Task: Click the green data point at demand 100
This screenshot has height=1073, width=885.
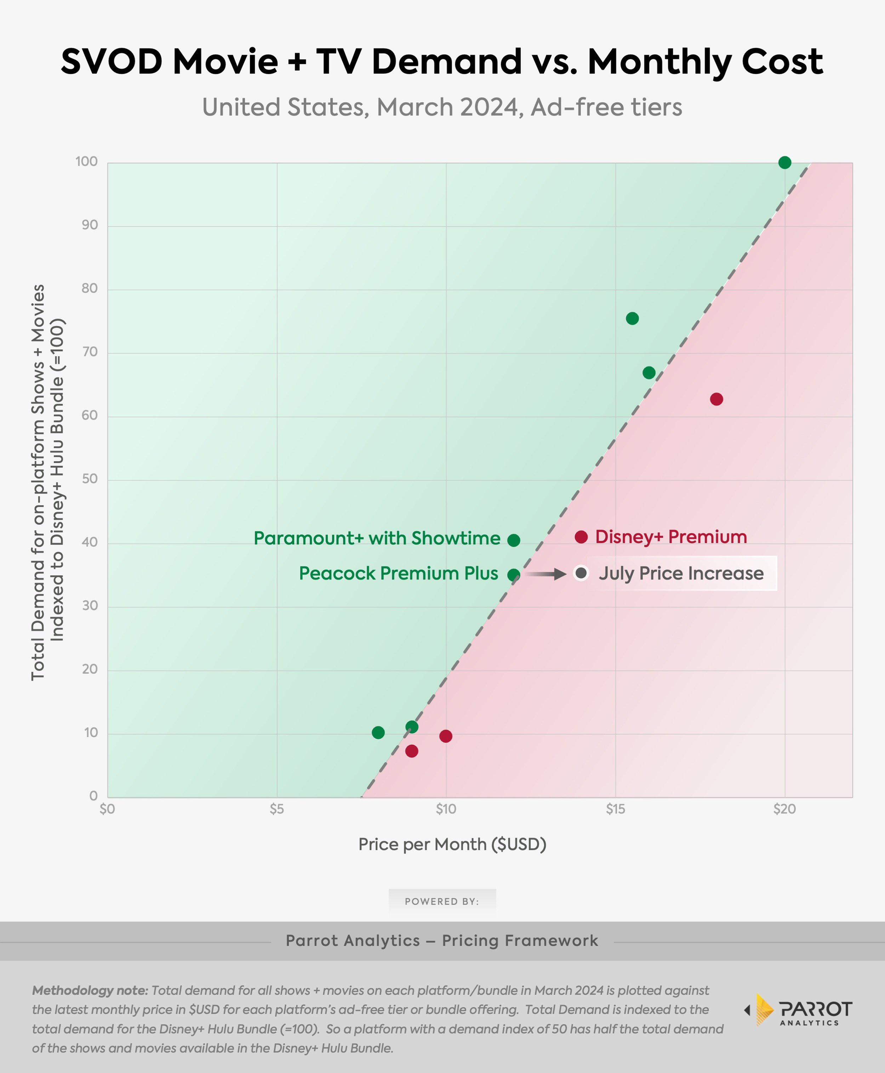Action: tap(784, 162)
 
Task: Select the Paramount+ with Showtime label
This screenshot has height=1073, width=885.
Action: tap(377, 538)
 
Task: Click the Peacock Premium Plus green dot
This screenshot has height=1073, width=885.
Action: tap(513, 575)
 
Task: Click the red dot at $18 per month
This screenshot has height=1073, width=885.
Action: tap(716, 399)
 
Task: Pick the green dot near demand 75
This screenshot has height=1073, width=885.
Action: tap(632, 319)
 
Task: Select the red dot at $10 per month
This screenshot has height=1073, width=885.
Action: tap(446, 736)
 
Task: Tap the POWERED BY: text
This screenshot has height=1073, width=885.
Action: tap(442, 901)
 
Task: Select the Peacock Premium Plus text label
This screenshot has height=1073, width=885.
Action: tap(398, 573)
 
